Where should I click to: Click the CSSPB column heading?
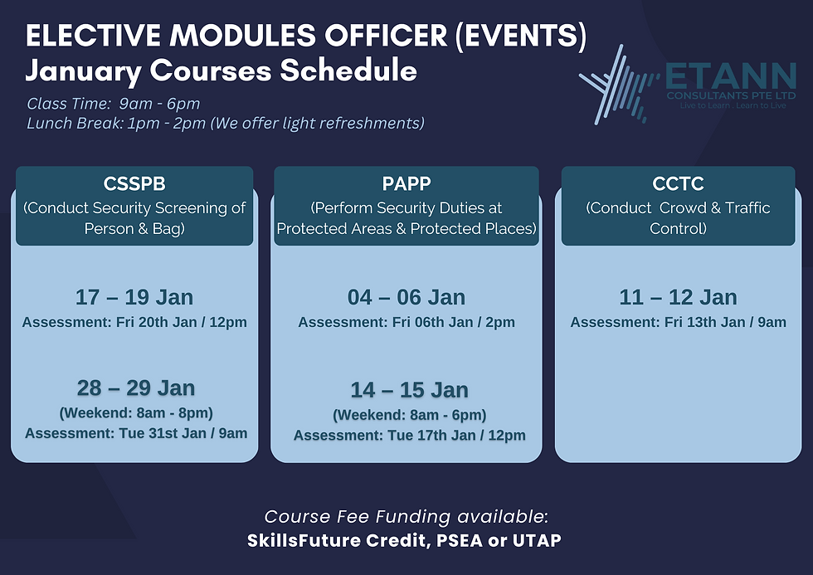[134, 183]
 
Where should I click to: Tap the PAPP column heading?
[406, 183]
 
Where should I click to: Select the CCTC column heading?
[679, 183]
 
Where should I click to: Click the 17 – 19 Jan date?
[134, 297]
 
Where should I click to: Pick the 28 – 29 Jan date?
[136, 387]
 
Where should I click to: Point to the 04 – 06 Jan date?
[406, 297]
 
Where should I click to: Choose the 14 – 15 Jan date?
[409, 390]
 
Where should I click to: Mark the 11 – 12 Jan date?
[679, 297]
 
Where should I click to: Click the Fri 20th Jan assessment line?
[134, 322]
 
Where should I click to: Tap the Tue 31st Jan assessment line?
[136, 433]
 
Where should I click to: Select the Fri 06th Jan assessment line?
[406, 322]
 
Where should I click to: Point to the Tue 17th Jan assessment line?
[409, 436]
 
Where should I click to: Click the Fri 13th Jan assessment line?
[679, 322]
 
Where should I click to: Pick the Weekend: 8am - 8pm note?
[136, 413]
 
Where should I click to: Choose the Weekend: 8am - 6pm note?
[409, 416]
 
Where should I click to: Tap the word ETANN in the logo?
[731, 76]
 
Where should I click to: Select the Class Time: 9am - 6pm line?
[113, 104]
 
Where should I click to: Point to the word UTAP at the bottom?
[537, 540]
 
